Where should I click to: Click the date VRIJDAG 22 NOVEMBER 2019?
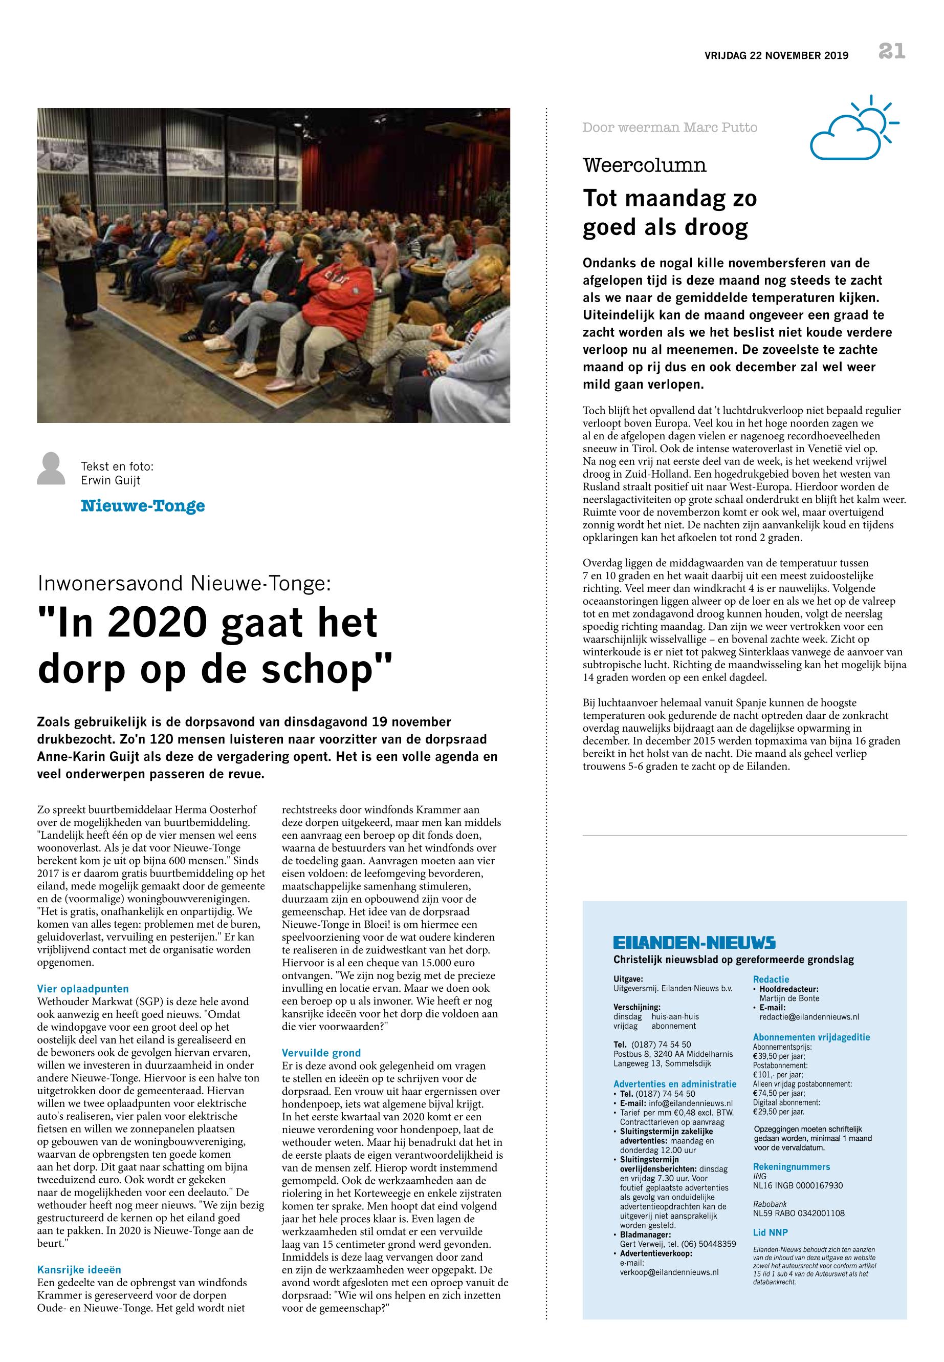[x=776, y=56]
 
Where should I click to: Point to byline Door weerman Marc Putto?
[x=670, y=127]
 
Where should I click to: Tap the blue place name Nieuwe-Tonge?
[x=143, y=506]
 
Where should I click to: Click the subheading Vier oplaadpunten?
[x=83, y=989]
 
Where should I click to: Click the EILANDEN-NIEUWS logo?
[x=694, y=943]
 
